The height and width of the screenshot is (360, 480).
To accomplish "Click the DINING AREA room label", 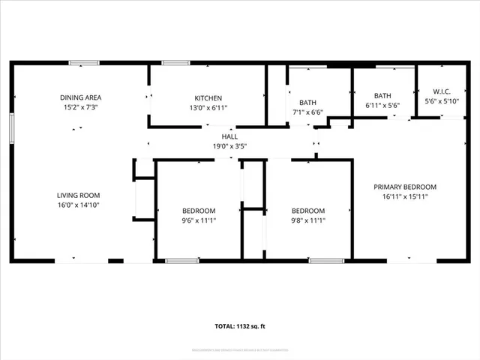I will pyautogui.click(x=81, y=97).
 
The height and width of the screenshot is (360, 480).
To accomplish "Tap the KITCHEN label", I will pyautogui.click(x=208, y=97).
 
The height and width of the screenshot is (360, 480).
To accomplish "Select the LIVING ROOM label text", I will pyautogui.click(x=79, y=195).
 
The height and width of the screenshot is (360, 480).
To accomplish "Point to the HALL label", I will pyautogui.click(x=229, y=137).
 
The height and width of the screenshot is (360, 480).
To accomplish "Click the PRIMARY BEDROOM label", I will pyautogui.click(x=405, y=187).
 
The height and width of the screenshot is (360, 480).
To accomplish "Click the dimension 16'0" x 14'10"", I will pyautogui.click(x=79, y=205).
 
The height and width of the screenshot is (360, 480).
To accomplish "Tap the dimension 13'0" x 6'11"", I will pyautogui.click(x=208, y=108).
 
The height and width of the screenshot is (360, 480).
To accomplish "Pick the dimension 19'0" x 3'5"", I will pyautogui.click(x=229, y=147).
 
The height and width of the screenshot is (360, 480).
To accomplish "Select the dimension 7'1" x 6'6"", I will pyautogui.click(x=307, y=112).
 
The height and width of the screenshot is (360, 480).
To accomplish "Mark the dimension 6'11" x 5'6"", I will pyautogui.click(x=382, y=106).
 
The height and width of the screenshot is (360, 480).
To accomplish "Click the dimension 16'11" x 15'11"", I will pyautogui.click(x=405, y=196).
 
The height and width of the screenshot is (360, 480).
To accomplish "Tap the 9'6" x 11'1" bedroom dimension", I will pyautogui.click(x=199, y=220).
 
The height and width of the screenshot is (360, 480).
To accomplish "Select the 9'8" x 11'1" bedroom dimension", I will pyautogui.click(x=308, y=220).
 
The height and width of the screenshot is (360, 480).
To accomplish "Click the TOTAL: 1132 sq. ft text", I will pyautogui.click(x=240, y=326).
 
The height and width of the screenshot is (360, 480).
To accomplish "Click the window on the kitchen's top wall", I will pyautogui.click(x=175, y=63).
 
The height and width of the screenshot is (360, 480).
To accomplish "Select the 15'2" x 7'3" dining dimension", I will pyautogui.click(x=81, y=108).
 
